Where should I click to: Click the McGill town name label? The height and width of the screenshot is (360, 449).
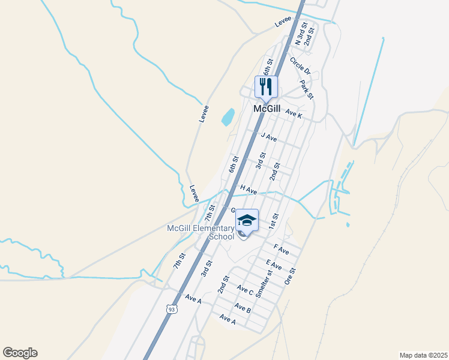click(267, 109)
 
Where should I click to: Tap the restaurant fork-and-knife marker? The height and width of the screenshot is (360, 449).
click(267, 86)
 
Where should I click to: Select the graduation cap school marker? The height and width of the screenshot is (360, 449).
click(247, 221)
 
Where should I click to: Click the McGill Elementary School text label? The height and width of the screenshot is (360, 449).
click(200, 232)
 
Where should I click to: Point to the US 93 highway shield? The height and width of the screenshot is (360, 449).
click(172, 309)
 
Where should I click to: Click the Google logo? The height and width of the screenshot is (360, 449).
click(20, 353)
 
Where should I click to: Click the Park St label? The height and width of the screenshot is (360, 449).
click(307, 89)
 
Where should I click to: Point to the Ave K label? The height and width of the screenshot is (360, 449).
click(294, 113)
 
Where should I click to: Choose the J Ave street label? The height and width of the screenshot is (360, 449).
click(268, 137)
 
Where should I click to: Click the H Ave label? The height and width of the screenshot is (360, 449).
click(249, 190)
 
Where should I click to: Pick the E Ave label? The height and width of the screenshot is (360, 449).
click(274, 265)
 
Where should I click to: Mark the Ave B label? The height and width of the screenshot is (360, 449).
click(243, 308)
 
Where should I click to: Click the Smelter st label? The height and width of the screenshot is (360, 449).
click(264, 284)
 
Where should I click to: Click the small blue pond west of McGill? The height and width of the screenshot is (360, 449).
click(228, 117)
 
